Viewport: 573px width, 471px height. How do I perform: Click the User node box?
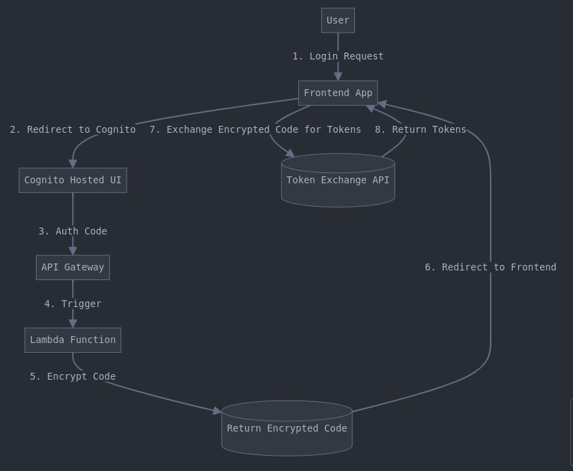(338, 21)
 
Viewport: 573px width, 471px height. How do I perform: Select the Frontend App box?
(338, 93)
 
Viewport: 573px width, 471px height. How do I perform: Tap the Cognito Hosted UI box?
(73, 180)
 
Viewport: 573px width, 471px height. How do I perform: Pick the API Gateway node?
(73, 267)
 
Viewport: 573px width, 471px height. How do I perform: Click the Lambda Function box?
(73, 340)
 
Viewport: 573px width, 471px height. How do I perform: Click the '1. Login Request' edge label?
(338, 56)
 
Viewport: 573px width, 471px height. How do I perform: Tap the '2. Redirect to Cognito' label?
(73, 129)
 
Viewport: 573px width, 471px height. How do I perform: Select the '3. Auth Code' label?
(73, 231)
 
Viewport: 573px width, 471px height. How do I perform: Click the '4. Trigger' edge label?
(73, 304)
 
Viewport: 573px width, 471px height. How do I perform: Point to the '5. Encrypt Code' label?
(73, 376)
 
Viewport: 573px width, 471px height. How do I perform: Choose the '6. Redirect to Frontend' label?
(490, 267)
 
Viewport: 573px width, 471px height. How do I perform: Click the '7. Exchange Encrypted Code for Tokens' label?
(255, 129)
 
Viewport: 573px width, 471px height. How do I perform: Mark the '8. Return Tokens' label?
(420, 129)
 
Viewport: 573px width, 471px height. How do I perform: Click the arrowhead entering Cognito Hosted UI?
(73, 164)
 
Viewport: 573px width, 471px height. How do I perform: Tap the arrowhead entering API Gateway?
(73, 251)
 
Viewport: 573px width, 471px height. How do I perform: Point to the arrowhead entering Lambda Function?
(73, 324)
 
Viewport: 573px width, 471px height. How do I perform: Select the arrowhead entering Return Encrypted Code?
(217, 411)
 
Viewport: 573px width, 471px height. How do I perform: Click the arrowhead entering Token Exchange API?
(291, 154)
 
